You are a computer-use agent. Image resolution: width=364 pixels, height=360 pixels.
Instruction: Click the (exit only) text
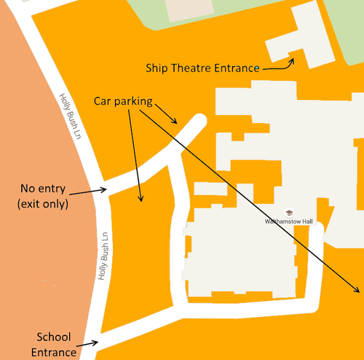43,205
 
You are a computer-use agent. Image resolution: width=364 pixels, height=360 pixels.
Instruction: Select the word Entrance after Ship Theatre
236,68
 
